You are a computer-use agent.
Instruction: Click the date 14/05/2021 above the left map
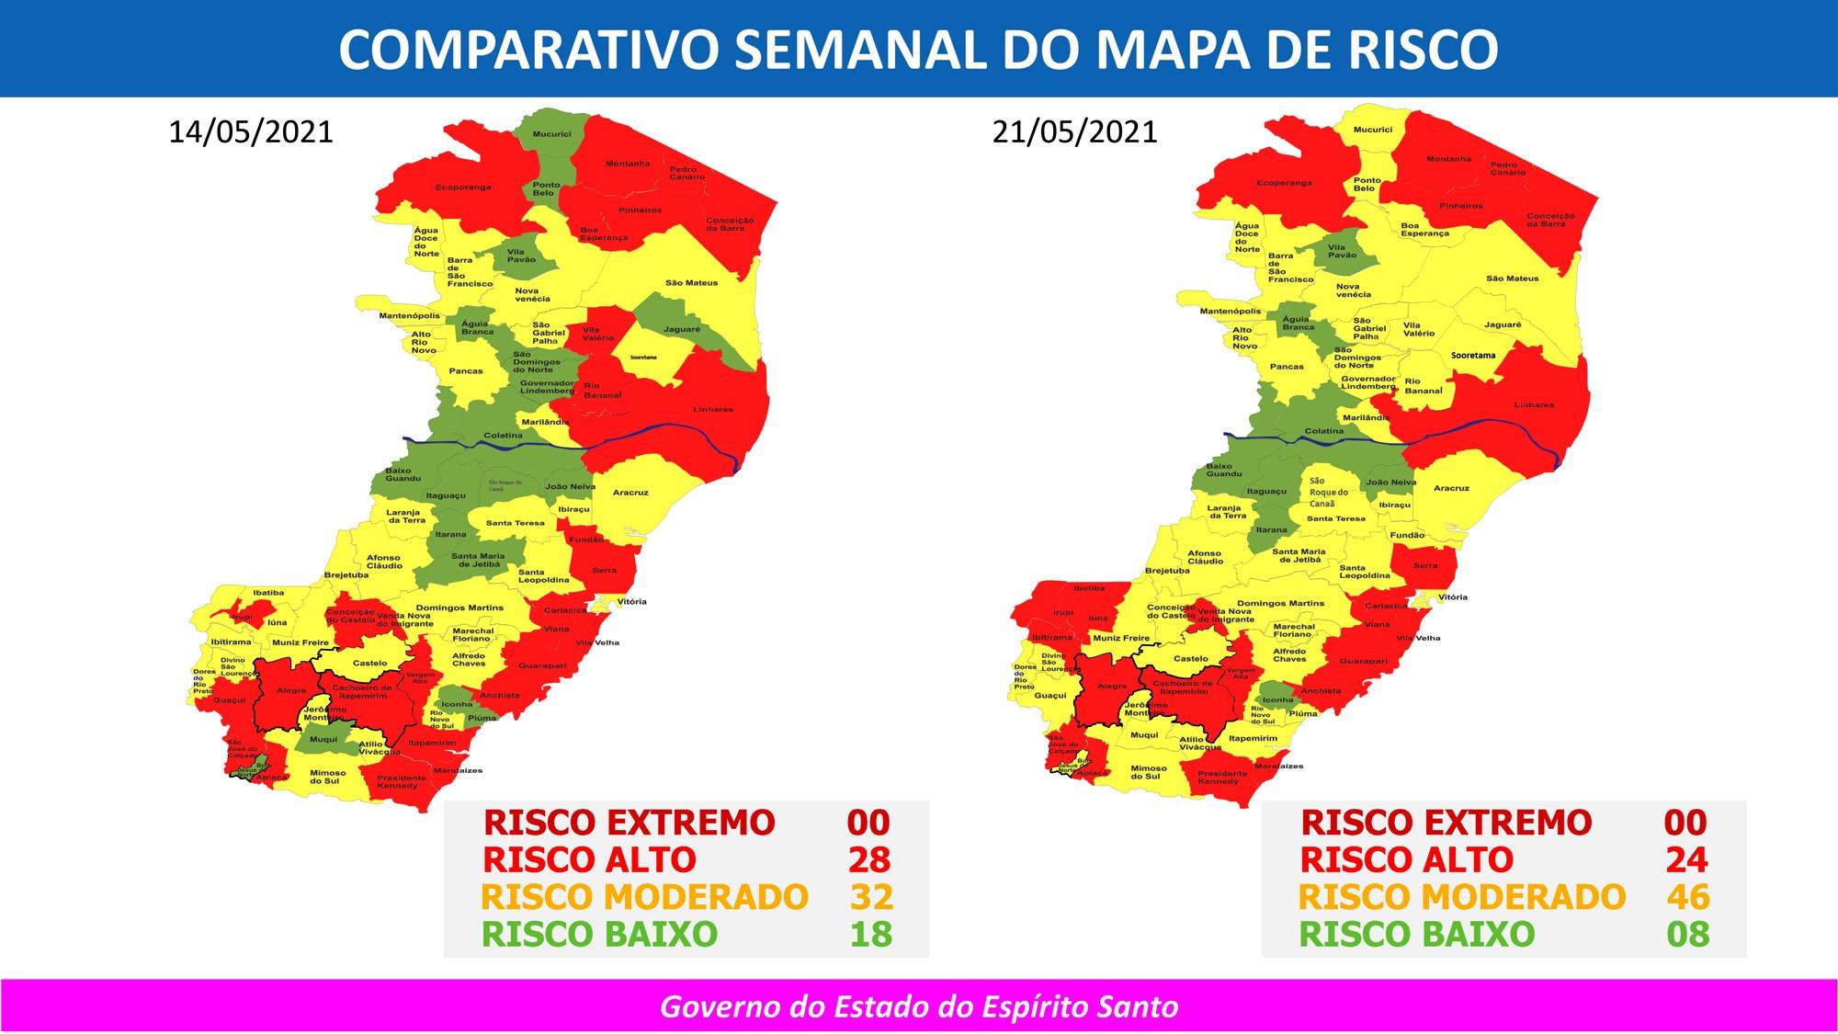[x=251, y=132]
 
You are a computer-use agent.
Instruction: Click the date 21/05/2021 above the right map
[x=1074, y=132]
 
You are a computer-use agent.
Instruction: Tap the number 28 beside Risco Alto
[x=868, y=859]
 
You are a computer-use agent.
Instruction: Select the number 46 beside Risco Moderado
[x=1687, y=896]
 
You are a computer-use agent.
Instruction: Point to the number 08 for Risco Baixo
[x=1687, y=934]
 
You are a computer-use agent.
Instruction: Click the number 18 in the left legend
[x=869, y=934]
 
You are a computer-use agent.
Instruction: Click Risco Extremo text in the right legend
[x=1447, y=823]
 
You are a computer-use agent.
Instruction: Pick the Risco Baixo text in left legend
[x=599, y=934]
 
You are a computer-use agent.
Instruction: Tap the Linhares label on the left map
[x=713, y=409]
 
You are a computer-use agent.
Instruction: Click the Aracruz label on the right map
[x=1451, y=488]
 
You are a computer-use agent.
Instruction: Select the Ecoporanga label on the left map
[x=462, y=187]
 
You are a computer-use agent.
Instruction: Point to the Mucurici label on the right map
[x=1372, y=131]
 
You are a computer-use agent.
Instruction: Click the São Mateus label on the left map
[x=691, y=283]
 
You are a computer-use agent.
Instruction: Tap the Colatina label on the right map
[x=1323, y=431]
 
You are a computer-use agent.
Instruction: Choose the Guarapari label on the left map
[x=541, y=665]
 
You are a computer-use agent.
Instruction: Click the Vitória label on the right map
[x=1452, y=597]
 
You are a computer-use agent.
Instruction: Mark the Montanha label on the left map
[x=627, y=164]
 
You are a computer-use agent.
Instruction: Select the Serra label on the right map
[x=1424, y=565]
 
